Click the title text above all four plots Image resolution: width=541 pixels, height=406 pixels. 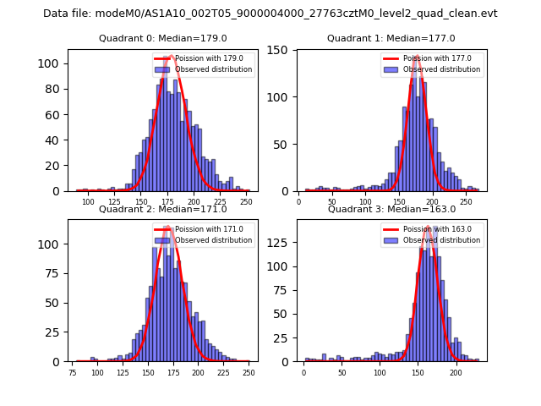[270, 14]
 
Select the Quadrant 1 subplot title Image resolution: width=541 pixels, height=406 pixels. [391, 38]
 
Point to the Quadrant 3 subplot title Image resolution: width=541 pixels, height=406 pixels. [391, 209]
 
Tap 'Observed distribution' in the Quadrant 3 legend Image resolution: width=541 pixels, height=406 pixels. [441, 240]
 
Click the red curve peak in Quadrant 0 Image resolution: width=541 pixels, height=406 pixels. [172, 57]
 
